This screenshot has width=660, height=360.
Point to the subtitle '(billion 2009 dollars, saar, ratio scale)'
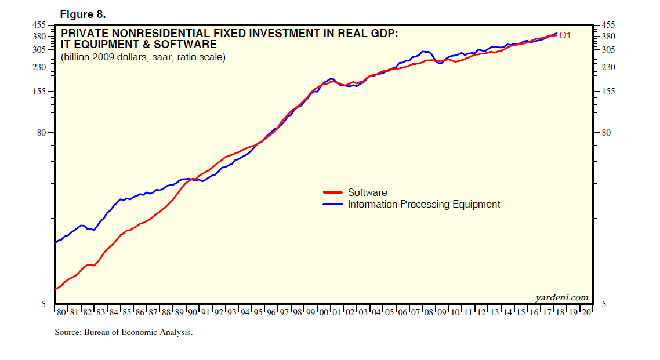pos(143,57)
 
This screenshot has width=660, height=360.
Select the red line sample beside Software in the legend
pos(333,192)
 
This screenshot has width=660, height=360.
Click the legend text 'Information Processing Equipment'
pos(423,204)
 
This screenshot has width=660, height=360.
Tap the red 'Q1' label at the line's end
pos(565,35)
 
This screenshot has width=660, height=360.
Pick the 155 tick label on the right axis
pos(610,92)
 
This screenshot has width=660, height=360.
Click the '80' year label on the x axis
pos(61,312)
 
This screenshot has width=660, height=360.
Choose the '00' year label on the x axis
pos(324,312)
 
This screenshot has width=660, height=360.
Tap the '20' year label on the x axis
pos(586,312)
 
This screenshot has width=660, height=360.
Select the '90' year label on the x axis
pos(192,312)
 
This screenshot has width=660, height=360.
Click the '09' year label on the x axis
pos(441,312)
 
